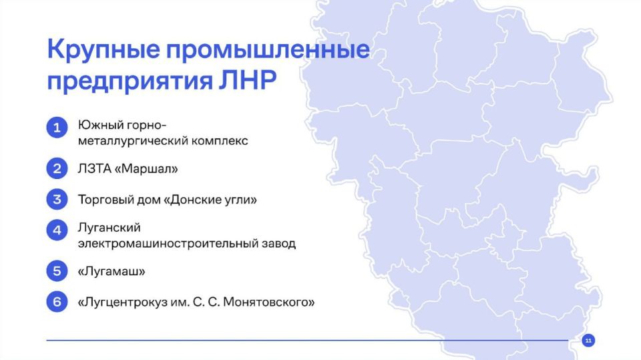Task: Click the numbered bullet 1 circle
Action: (57, 128)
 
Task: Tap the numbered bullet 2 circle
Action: (57, 168)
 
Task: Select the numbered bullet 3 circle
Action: (57, 199)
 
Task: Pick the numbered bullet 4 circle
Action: (57, 230)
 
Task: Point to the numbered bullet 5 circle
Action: (57, 271)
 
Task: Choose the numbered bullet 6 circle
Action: (57, 302)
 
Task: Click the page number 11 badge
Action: (588, 341)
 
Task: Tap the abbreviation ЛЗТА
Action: (95, 169)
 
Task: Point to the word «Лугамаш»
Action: (112, 272)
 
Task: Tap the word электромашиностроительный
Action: (166, 244)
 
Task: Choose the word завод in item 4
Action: (278, 244)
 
